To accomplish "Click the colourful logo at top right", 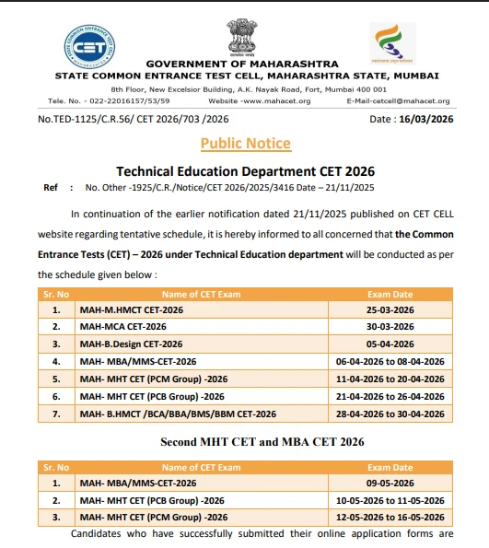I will pyautogui.click(x=394, y=42).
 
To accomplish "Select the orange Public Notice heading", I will pyautogui.click(x=245, y=143).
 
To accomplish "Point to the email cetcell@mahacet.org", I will pyautogui.click(x=398, y=100).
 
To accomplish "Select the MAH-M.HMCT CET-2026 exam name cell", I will pyautogui.click(x=131, y=310).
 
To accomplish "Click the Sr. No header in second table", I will pyautogui.click(x=56, y=467).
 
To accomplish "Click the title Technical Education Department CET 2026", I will pyautogui.click(x=245, y=171).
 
